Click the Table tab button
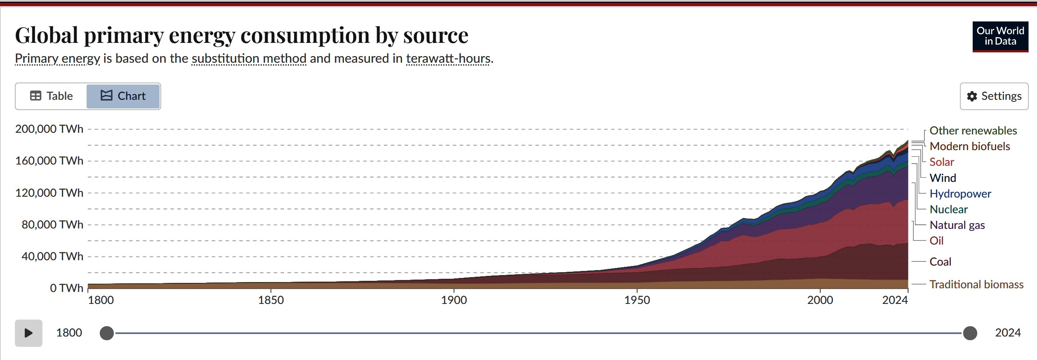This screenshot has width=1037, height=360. click(x=52, y=96)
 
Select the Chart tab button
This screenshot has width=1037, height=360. click(x=123, y=96)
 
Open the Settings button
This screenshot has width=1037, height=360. click(x=994, y=96)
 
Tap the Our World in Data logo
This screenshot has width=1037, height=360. click(x=1000, y=37)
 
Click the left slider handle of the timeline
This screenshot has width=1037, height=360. click(x=107, y=333)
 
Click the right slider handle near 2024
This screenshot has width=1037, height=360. click(x=970, y=333)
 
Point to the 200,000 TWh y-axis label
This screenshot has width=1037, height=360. click(x=49, y=129)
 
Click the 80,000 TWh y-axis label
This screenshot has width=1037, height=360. click(x=52, y=225)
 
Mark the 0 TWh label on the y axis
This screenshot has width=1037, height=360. click(x=66, y=288)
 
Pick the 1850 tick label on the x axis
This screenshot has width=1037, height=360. click(x=271, y=300)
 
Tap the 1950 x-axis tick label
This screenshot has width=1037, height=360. click(x=637, y=300)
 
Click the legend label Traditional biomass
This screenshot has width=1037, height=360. click(x=976, y=285)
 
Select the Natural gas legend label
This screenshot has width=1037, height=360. click(x=957, y=225)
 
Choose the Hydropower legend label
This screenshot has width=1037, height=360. click(x=960, y=194)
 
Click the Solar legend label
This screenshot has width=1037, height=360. click(x=942, y=162)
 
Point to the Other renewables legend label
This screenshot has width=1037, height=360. click(x=973, y=131)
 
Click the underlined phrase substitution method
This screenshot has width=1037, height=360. click(x=249, y=59)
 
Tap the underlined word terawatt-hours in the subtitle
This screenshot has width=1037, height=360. click(x=449, y=59)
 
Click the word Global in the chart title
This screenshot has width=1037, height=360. click(x=47, y=35)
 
